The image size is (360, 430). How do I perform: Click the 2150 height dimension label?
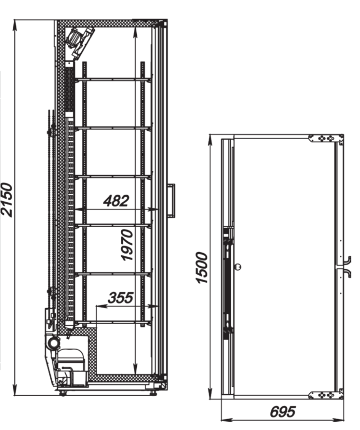[x=7, y=200]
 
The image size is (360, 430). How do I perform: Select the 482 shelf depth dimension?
[x=116, y=200]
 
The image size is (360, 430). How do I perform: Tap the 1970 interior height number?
[x=126, y=245]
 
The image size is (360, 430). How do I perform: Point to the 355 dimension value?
[x=120, y=298]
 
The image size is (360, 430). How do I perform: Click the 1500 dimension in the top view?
[x=202, y=268]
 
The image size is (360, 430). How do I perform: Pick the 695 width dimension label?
[x=283, y=412]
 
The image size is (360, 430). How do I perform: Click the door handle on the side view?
[x=172, y=201]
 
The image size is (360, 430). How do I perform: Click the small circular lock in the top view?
[x=238, y=266]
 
